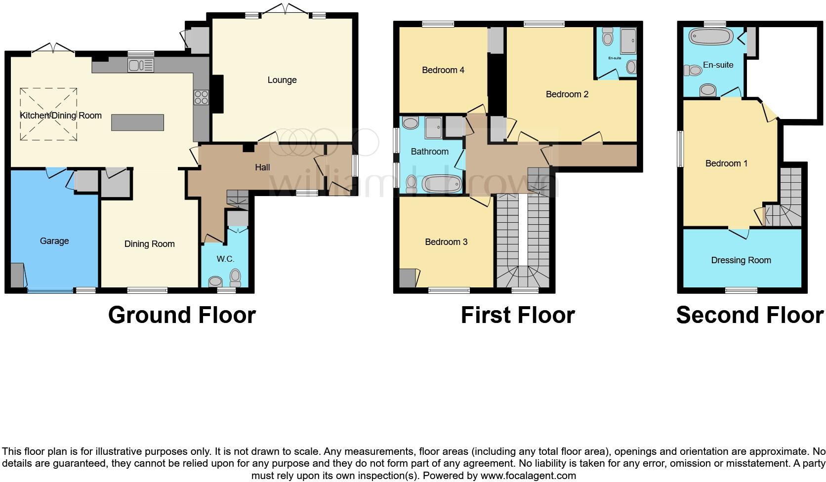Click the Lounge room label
282,80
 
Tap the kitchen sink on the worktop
141,65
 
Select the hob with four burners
201,97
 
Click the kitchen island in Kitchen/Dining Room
137,122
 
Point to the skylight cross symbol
48,114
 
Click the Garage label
54,241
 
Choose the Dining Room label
149,244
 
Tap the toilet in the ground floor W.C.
235,278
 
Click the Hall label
262,167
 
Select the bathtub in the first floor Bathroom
441,184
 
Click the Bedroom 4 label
443,70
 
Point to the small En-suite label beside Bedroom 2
614,58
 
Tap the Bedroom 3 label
446,242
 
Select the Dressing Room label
741,260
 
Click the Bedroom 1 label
726,163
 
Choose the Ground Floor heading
182,315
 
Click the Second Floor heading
749,315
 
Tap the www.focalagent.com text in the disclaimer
528,476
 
